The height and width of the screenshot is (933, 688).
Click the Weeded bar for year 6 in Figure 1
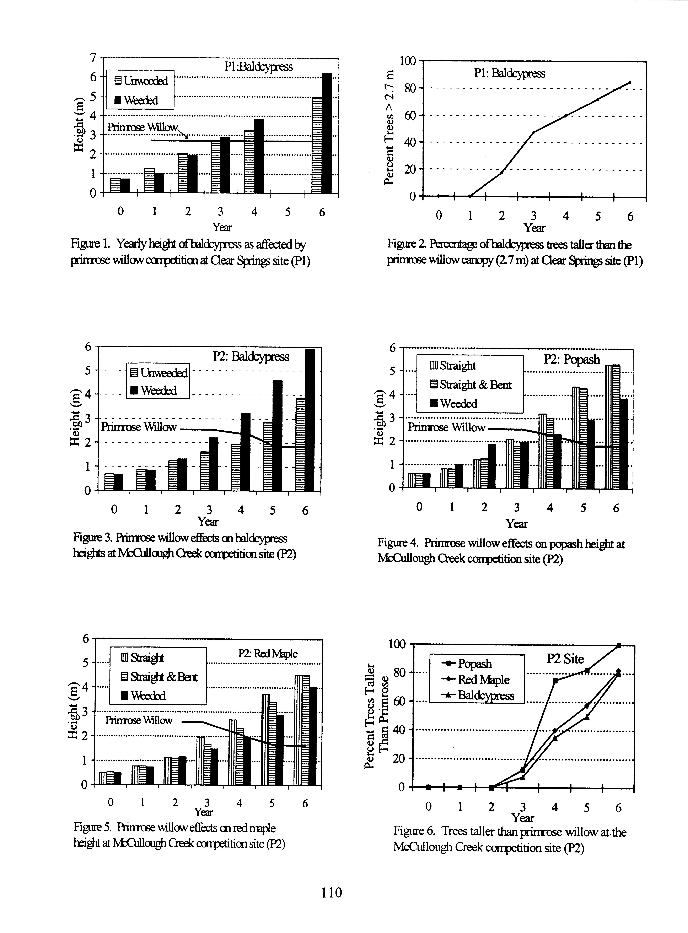pos(327,133)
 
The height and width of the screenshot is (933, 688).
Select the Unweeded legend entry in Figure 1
pos(141,81)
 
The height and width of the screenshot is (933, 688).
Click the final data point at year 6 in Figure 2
pos(630,82)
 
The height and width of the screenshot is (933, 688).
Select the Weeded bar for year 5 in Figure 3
pos(277,435)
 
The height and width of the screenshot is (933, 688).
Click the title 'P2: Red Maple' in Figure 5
pos(268,654)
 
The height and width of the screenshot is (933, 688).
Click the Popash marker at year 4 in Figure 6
pos(555,681)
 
